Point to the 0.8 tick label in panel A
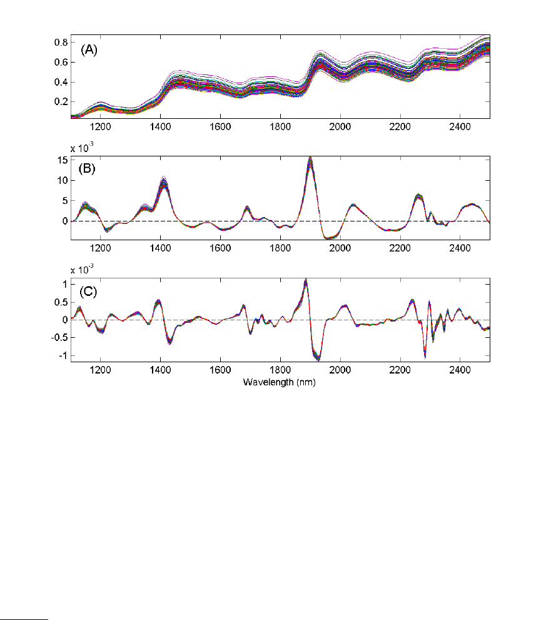61,42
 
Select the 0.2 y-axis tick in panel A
61,101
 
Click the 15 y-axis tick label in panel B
61,160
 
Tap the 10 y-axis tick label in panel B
61,180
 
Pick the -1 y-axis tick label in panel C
63,355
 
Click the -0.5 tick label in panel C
59,337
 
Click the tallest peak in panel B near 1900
310,160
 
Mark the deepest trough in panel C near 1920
318,359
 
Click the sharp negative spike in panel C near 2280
425,356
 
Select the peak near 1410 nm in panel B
164,181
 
